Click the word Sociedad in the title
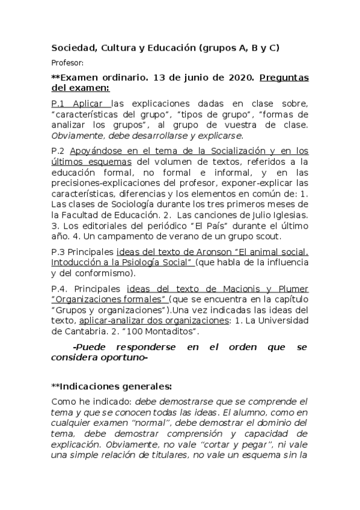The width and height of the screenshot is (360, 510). (x=72, y=48)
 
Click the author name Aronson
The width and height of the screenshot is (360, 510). (x=212, y=252)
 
